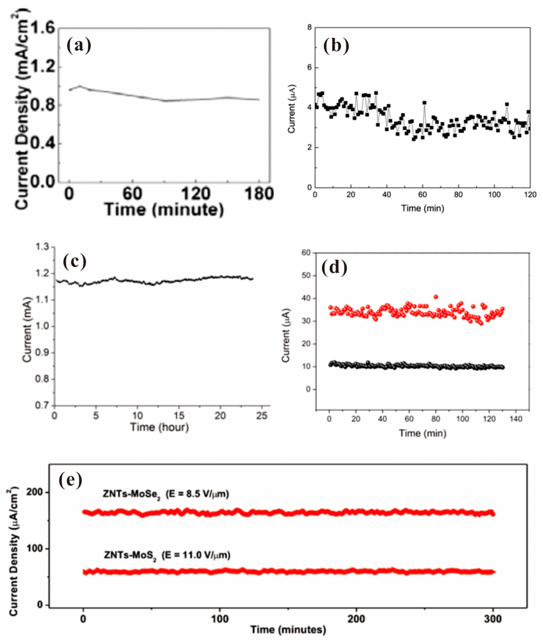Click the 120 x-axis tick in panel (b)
pyautogui.click(x=530, y=195)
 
